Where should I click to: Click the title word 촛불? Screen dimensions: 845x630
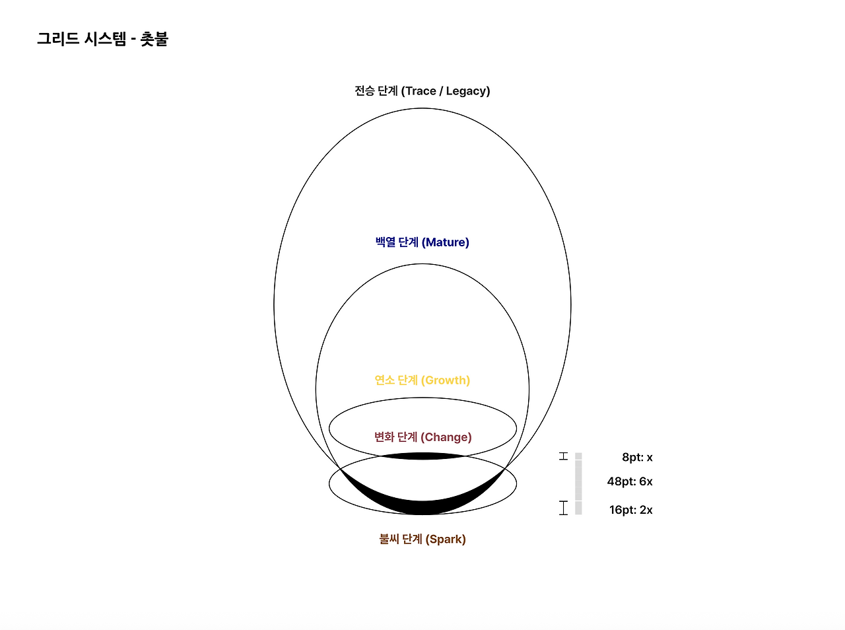(154, 39)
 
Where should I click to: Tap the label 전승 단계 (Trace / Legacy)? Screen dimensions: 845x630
(422, 91)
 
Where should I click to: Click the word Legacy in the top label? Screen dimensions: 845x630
(466, 91)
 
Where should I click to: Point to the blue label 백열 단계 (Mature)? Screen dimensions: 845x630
(422, 242)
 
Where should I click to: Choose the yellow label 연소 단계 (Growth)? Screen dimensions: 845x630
(422, 380)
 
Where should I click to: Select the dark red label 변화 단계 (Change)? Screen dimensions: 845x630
(422, 437)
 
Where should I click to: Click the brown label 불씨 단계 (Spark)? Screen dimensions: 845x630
(422, 539)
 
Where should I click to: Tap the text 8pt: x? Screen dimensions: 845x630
(637, 457)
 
